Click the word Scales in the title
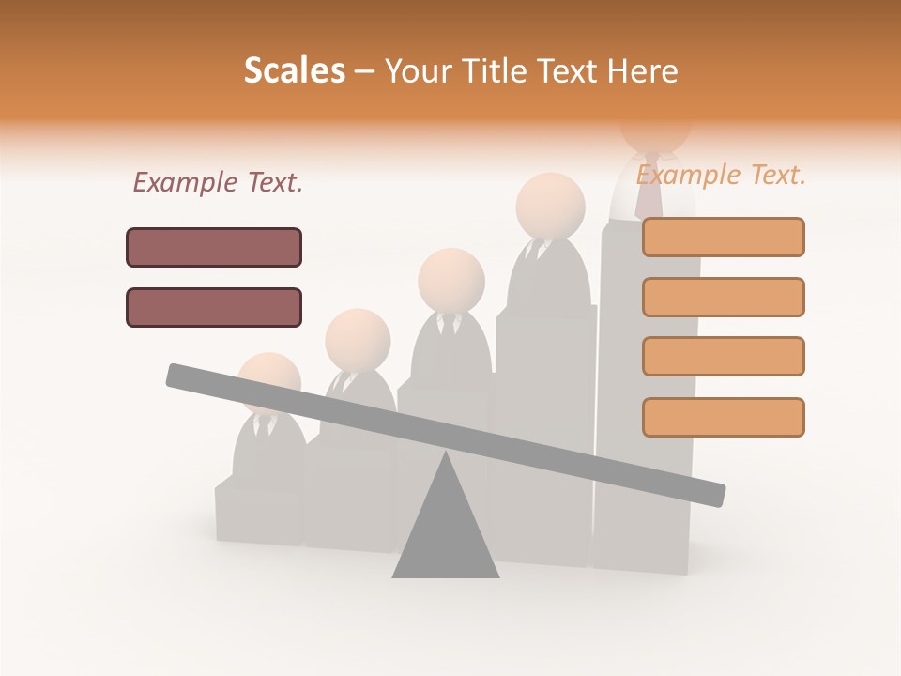294,70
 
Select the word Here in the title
643,70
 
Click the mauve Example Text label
218,182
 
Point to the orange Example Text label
721,175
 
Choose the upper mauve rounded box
214,247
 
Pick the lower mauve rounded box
214,307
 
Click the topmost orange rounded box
723,237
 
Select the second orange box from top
723,297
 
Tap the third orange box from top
723,356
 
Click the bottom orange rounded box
723,417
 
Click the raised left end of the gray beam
178,376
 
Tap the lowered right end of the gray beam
713,492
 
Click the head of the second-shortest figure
358,338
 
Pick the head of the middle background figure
451,280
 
